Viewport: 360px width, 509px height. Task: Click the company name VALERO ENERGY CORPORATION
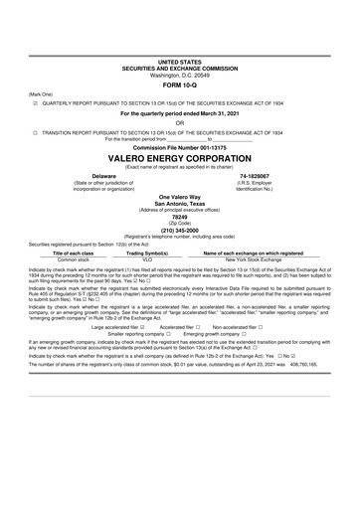(x=179, y=158)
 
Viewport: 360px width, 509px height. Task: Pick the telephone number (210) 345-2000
(x=179, y=236)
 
